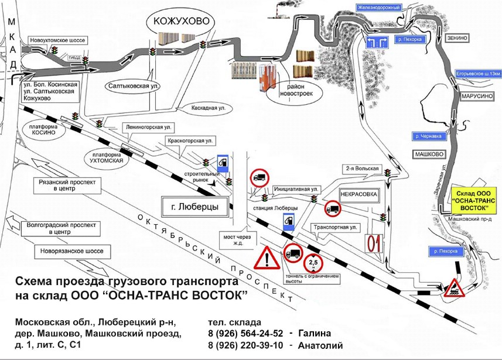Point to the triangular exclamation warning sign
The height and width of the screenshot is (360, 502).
(x=267, y=258)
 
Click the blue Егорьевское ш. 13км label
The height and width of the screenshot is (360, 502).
(x=478, y=74)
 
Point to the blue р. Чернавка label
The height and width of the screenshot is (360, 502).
(x=426, y=136)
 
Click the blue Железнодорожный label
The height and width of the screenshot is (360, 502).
(x=378, y=8)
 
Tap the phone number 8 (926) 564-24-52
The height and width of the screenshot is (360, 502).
(x=246, y=334)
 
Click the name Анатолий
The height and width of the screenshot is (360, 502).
(x=320, y=345)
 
